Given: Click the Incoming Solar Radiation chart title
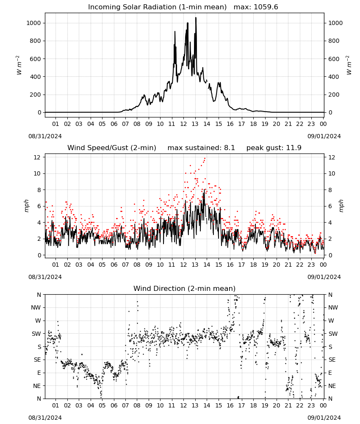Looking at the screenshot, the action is pos(157,7).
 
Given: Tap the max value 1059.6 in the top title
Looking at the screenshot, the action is pos(266,7).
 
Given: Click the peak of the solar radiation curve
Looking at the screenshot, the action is pos(196,18).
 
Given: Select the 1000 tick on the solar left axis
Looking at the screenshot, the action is pos(33,23).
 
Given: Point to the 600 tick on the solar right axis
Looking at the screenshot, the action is pos(334,59).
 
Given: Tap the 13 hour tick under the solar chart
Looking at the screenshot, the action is pos(195,124).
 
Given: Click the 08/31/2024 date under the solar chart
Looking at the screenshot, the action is pos(45,136).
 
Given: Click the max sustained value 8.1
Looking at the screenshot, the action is pos(229,148).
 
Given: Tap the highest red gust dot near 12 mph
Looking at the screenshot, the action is pos(205,159).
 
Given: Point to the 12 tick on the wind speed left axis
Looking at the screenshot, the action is pos(37,157).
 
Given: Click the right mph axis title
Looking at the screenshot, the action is pos(341,206).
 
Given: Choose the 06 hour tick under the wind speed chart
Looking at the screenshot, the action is pos(114,265).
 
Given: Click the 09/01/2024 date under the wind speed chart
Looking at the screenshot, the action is pos(324,277).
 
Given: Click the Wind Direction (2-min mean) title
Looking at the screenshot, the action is pos(185,288).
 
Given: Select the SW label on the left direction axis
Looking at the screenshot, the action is pos(36,334).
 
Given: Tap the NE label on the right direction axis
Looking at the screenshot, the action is pos(332,386).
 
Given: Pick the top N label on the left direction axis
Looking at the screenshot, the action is pos(39,295).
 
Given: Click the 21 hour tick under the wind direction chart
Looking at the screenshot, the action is pos(288,406).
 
